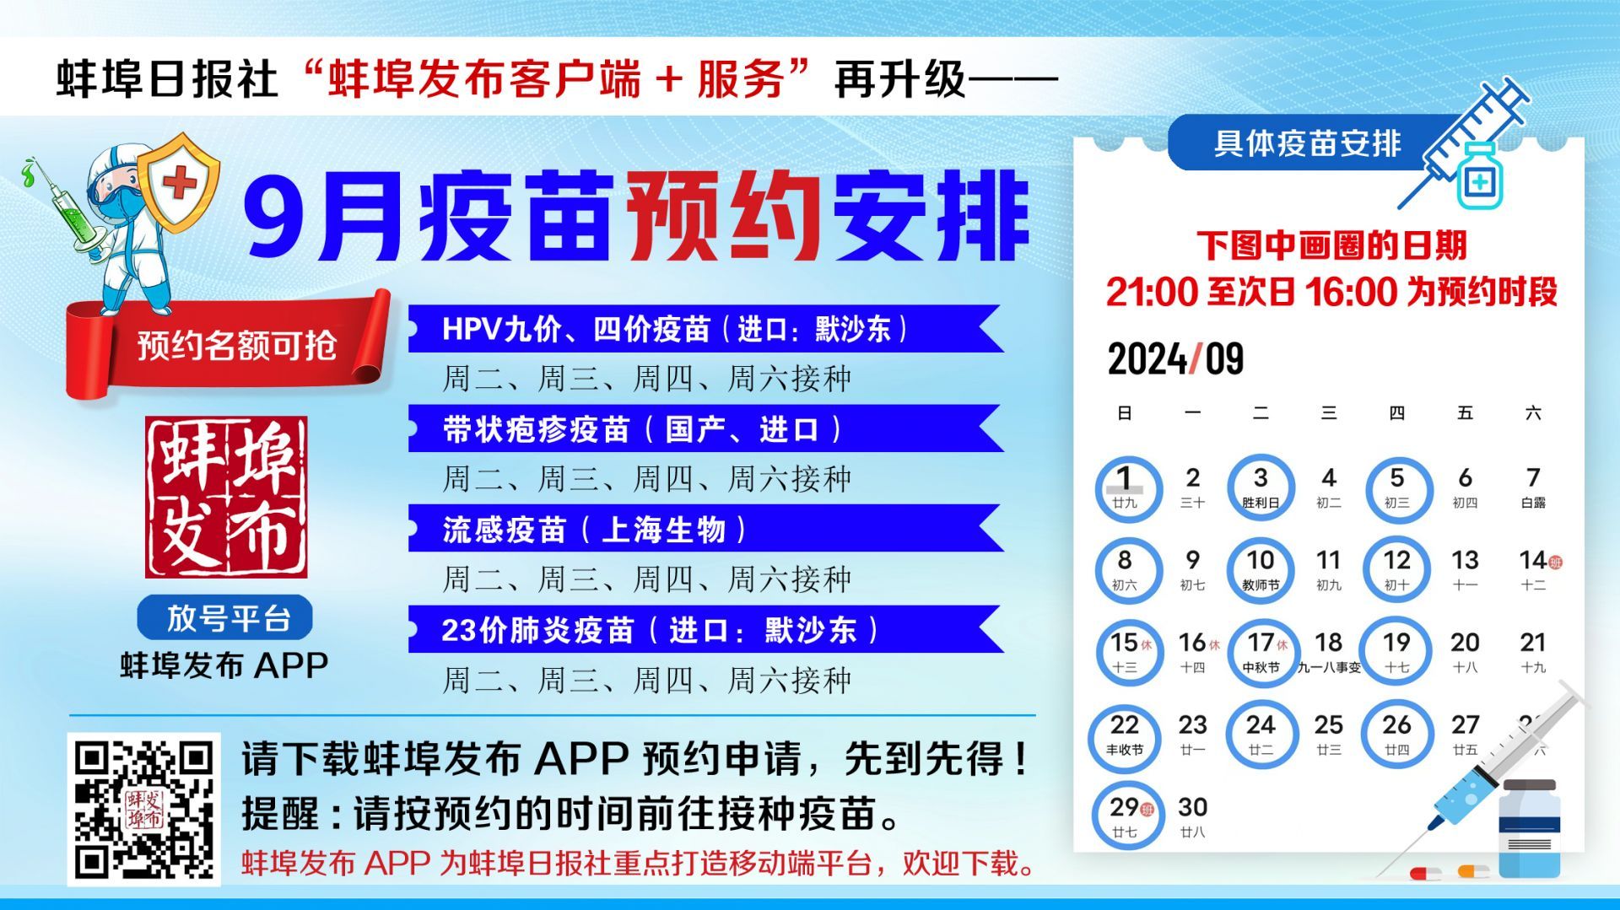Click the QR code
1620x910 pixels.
[143, 809]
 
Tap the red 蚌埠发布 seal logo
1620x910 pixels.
[226, 497]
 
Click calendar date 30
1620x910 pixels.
[1192, 816]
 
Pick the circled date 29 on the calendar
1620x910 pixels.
[1124, 816]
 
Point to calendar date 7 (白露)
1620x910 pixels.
[1533, 487]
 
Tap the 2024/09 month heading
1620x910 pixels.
[1175, 359]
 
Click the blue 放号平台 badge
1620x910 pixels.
[225, 617]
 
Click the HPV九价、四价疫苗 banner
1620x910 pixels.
[705, 328]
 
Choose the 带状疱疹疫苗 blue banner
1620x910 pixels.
[705, 428]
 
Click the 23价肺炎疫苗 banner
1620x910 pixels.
[705, 629]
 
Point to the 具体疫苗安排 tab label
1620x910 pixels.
[1307, 143]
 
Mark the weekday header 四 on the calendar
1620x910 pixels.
[1396, 413]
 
